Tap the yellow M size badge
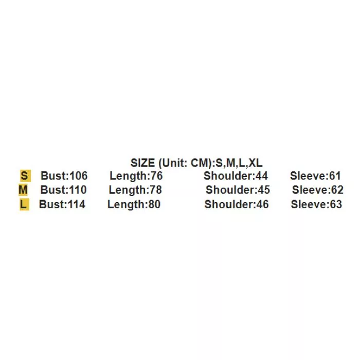[23, 190]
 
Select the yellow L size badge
[24, 205]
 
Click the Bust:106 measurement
[64, 176]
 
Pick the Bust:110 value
[64, 190]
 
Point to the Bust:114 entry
[62, 205]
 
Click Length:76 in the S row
[136, 176]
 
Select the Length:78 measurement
[135, 190]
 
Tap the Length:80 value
[134, 205]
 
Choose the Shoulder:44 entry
[236, 176]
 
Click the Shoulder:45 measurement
[238, 190]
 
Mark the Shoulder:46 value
[237, 205]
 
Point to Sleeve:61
[315, 176]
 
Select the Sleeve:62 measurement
[318, 190]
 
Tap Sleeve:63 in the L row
[316, 205]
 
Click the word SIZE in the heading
[142, 164]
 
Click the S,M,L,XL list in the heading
[239, 164]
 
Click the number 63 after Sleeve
[336, 205]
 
